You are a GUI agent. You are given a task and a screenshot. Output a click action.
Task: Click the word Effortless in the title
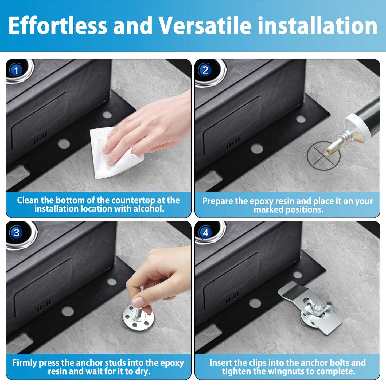click(x=57, y=26)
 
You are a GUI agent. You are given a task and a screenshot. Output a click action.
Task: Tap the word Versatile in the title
click(x=205, y=26)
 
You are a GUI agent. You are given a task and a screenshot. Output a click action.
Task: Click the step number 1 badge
click(x=16, y=71)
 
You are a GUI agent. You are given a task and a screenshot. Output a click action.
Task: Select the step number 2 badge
click(x=205, y=70)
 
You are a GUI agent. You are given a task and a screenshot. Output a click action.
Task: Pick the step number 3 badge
click(x=16, y=233)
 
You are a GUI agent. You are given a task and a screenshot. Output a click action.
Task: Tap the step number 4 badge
click(x=205, y=233)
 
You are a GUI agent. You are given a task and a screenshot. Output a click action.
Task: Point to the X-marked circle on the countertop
click(x=323, y=156)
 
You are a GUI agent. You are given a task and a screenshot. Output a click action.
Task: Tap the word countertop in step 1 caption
click(x=134, y=200)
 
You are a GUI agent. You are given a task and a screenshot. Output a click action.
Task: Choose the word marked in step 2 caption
click(x=268, y=210)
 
